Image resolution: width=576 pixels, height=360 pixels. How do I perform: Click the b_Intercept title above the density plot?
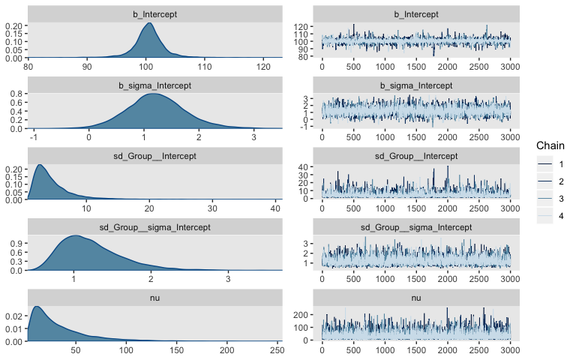(155, 14)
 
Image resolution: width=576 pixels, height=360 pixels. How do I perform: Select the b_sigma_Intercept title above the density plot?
(155, 85)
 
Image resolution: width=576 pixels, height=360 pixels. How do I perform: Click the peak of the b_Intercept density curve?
(149, 23)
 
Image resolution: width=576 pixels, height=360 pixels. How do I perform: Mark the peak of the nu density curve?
(36, 307)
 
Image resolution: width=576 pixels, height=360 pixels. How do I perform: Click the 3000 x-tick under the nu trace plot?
(509, 350)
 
